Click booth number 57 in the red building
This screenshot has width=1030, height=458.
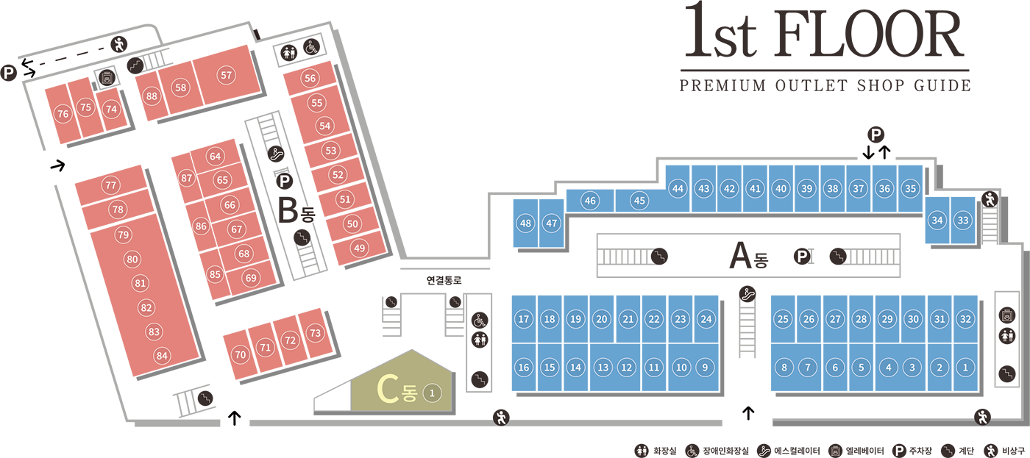[226, 75]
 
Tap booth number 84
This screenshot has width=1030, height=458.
[162, 357]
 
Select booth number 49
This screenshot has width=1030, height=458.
[359, 248]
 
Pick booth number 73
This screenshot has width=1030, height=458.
[315, 333]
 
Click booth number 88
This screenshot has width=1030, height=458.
[152, 96]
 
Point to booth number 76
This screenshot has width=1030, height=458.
[63, 114]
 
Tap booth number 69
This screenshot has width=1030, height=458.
[251, 278]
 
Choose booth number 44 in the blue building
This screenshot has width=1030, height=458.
[678, 189]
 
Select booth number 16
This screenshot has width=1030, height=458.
[523, 368]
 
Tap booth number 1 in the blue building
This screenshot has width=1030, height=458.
[965, 368]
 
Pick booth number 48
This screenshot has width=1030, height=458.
[525, 223]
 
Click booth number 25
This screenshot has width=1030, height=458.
[783, 319]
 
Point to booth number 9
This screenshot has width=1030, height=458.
[705, 368]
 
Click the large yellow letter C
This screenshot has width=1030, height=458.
[387, 390]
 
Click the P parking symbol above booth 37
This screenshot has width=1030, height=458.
[876, 135]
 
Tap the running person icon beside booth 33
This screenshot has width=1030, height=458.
[990, 198]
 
